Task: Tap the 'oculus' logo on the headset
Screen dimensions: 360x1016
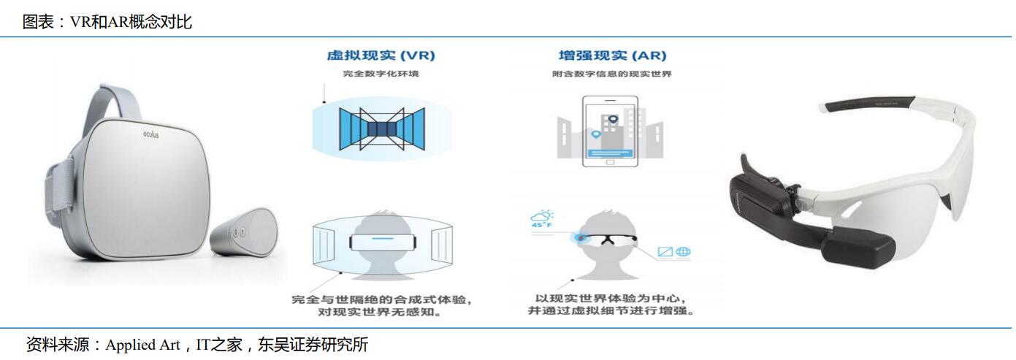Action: tap(150, 135)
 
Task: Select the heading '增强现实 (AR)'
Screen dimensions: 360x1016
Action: tap(612, 56)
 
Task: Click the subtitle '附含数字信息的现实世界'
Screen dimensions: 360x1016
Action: tap(612, 74)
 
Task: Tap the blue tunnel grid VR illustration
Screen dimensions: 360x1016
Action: tap(376, 130)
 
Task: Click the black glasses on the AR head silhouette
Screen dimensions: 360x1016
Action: tap(611, 238)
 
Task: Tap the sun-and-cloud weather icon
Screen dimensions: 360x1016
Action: tap(543, 215)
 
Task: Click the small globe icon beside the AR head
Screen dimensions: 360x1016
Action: tap(684, 252)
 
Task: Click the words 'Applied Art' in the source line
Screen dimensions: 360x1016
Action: tap(142, 345)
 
